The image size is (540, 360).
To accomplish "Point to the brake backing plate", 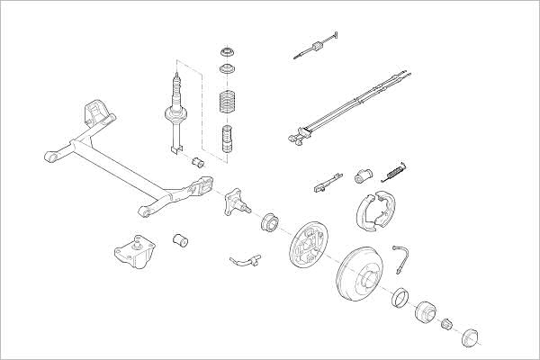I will [310, 244].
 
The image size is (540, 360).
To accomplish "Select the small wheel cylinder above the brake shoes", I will [364, 173].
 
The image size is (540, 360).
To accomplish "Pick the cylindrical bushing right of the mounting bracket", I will [179, 240].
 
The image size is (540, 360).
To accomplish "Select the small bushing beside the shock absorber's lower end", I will [198, 162].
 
